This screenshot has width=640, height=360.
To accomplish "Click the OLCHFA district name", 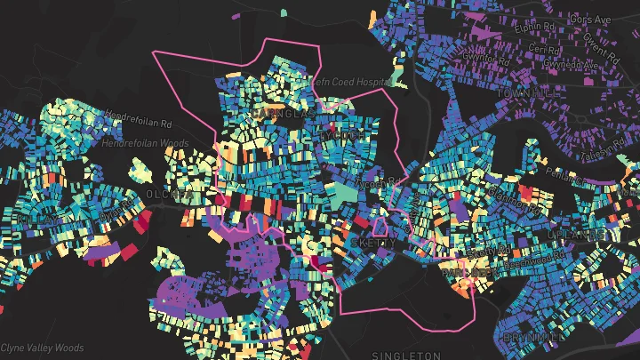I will [169, 194].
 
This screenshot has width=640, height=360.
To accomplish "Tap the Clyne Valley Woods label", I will [42, 348].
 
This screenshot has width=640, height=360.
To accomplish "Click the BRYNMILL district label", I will [532, 338].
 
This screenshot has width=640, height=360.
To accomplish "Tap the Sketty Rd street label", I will [485, 250].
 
